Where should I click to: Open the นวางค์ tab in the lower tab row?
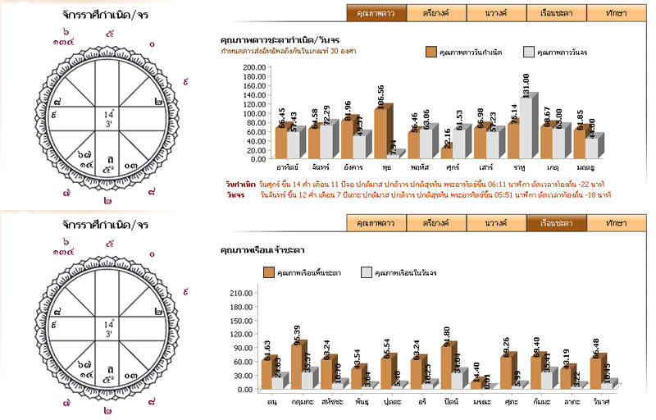(497, 223)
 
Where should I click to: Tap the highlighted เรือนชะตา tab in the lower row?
(557, 223)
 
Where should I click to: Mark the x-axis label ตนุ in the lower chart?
(271, 402)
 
